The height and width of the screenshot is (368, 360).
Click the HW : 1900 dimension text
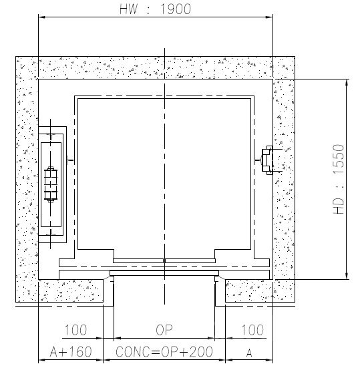click(x=155, y=9)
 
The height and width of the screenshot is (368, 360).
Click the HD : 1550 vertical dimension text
click(x=339, y=179)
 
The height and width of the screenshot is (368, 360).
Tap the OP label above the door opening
click(x=164, y=330)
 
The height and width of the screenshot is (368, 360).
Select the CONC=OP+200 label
click(x=164, y=351)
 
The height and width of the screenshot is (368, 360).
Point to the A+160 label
click(x=71, y=351)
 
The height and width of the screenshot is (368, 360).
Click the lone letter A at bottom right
click(x=249, y=353)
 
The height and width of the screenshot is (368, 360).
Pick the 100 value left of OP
click(x=75, y=330)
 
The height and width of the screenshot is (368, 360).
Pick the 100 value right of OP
click(x=252, y=330)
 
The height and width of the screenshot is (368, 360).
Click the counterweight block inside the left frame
click(x=51, y=184)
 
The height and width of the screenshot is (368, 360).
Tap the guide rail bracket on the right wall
click(x=268, y=160)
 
